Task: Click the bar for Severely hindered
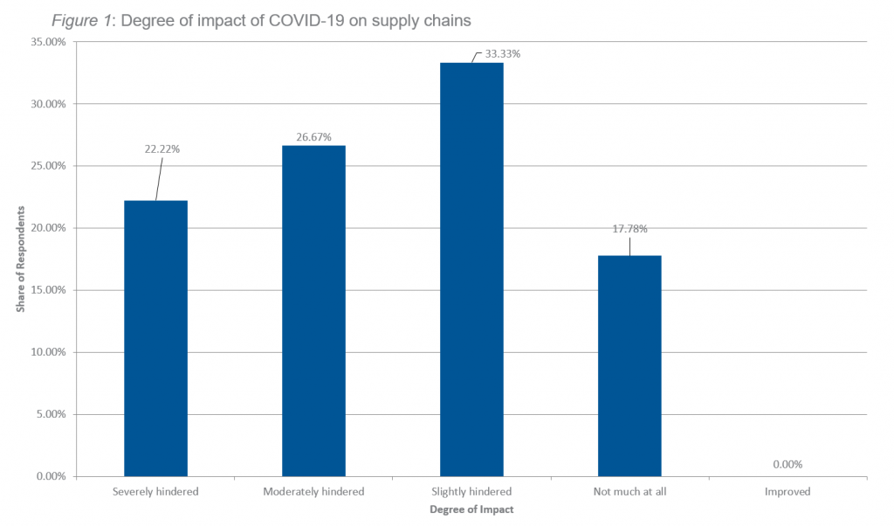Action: tap(155, 338)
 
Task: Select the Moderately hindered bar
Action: tap(313, 310)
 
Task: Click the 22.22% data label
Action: tap(162, 149)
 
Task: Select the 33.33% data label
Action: tap(503, 54)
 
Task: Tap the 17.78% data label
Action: tap(629, 229)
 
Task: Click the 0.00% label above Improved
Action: tap(787, 465)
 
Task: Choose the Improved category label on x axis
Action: tap(787, 492)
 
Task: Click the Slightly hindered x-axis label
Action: tap(471, 492)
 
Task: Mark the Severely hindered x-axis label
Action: tap(155, 492)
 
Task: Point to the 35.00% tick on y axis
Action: tap(49, 42)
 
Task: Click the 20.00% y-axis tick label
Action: tap(49, 228)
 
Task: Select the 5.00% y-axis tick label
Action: tap(52, 415)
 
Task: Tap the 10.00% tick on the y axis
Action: tap(49, 352)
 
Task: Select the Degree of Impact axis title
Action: tap(471, 509)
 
